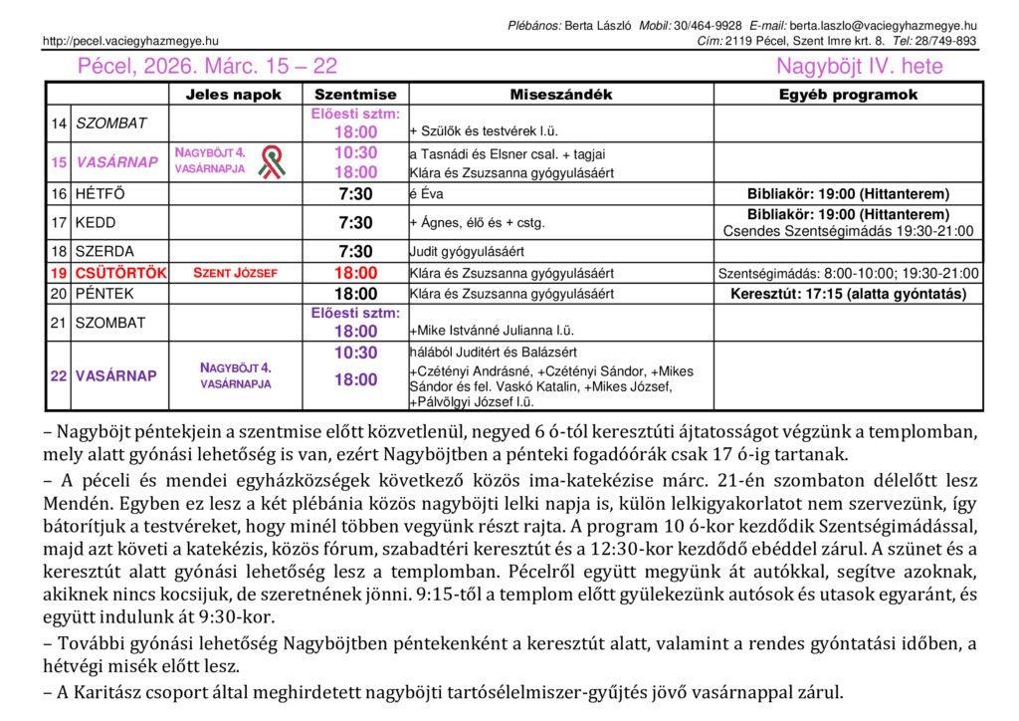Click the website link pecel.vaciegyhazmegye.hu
(x=130, y=41)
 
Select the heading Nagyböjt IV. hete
(x=859, y=67)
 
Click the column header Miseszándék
(x=561, y=95)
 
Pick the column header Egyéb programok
(x=848, y=95)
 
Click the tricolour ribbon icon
(x=271, y=161)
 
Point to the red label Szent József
(x=235, y=273)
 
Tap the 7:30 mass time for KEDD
(x=355, y=223)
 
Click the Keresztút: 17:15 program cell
(x=848, y=294)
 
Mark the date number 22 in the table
(x=59, y=376)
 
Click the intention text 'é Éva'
(x=424, y=195)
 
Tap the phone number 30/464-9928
(x=708, y=25)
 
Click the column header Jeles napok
(x=234, y=95)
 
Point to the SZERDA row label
(x=105, y=252)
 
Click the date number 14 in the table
(x=59, y=123)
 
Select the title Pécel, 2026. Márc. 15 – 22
(x=207, y=67)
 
